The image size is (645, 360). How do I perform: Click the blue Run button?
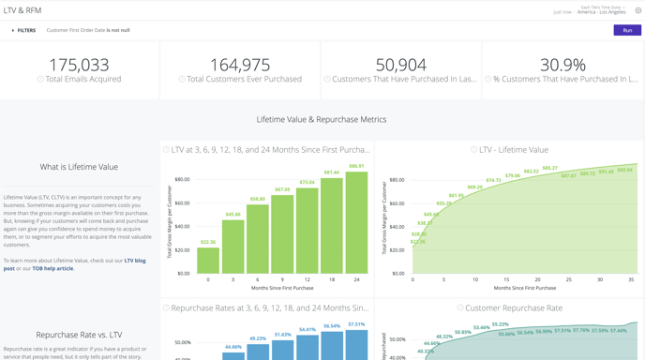(x=627, y=30)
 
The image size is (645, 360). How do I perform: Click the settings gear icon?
(x=638, y=11)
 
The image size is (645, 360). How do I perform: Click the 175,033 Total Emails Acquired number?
(x=79, y=65)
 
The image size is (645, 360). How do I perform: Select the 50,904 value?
(x=400, y=65)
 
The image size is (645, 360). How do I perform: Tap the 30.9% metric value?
(x=562, y=65)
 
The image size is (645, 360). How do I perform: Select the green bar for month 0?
(x=208, y=261)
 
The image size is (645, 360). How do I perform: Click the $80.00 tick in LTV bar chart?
(x=182, y=179)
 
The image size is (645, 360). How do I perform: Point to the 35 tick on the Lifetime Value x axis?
(x=631, y=279)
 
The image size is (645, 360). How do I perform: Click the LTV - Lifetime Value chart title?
(x=513, y=149)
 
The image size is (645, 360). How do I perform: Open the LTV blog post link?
(x=134, y=261)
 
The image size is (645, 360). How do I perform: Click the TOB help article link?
(x=52, y=268)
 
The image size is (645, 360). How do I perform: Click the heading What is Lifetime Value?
(x=79, y=167)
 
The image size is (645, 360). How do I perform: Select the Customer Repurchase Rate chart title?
(x=514, y=307)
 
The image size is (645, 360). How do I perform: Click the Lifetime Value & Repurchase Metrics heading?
(x=322, y=119)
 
